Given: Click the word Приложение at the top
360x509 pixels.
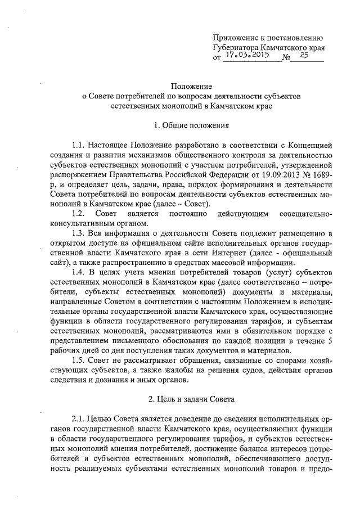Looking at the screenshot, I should [x=236, y=38].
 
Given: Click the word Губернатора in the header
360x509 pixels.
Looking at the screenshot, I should [x=239, y=48].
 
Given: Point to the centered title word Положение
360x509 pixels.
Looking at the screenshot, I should [x=190, y=87].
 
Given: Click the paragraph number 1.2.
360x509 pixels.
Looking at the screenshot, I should [x=78, y=213].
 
